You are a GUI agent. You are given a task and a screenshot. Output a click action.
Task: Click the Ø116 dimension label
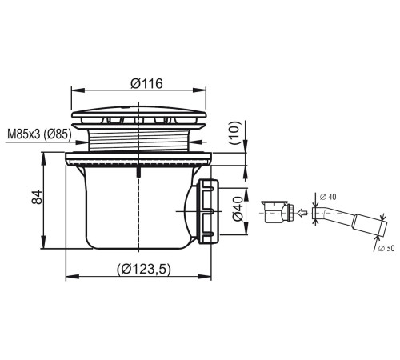pos(146,83)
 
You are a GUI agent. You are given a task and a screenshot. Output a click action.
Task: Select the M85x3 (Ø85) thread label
pos(39,134)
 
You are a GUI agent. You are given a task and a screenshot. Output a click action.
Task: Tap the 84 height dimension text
pos(37,197)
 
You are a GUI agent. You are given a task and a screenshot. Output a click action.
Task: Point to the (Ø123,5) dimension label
pos(143,269)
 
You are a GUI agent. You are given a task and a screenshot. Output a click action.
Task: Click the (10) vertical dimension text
pos(234,133)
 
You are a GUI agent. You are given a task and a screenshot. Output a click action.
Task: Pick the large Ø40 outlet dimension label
pos(238,209)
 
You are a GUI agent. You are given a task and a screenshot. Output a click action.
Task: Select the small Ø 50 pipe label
pos(386,248)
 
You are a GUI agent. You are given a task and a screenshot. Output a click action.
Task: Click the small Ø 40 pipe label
pos(328,197)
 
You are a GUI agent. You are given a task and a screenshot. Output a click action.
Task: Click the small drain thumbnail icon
pos(278,211)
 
